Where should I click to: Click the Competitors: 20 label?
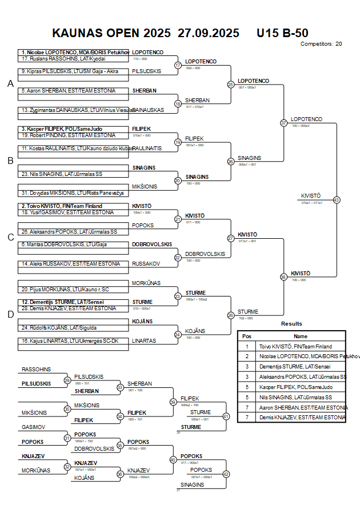pyautogui.click(x=321, y=43)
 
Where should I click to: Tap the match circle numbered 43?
pyautogui.click(x=336, y=200)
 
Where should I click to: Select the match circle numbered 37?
pyautogui.click(x=283, y=123)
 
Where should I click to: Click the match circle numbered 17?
pyautogui.click(x=178, y=65)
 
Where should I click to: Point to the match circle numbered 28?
pyautogui.click(x=231, y=315)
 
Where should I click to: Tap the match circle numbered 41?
pyautogui.click(x=226, y=416)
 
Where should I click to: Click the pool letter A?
pyautogui.click(x=10, y=84)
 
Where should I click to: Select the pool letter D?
pyautogui.click(x=10, y=314)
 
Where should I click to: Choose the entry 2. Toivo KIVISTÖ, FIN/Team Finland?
pyautogui.click(x=62, y=206)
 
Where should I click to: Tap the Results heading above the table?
pyautogui.click(x=291, y=324)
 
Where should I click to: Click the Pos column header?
pyautogui.click(x=247, y=336)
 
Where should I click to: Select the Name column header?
pyautogui.click(x=301, y=336)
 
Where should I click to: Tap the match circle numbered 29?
pyautogui.click(x=67, y=380)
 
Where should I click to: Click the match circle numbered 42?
pyautogui.click(x=226, y=474)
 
